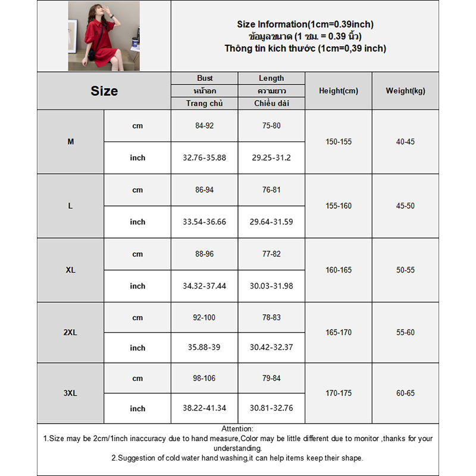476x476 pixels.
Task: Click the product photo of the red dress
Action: (x=104, y=36)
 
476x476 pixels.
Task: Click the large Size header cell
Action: (x=104, y=91)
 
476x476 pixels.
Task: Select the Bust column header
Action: (x=205, y=79)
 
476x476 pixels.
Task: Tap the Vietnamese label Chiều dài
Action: (x=271, y=104)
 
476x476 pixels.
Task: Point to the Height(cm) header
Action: (x=339, y=91)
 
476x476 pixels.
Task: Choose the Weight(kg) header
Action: (x=405, y=91)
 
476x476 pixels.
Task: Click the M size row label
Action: (x=71, y=142)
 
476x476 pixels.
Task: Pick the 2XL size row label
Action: (x=71, y=333)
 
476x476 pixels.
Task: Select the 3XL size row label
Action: (x=71, y=393)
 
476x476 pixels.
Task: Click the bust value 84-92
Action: (x=205, y=126)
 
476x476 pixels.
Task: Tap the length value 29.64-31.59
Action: (x=271, y=222)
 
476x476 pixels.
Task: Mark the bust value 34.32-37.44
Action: (x=205, y=286)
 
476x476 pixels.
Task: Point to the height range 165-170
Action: (x=339, y=333)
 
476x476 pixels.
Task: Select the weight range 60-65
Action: (x=405, y=393)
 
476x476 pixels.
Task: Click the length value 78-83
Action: (x=271, y=318)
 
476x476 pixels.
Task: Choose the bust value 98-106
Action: (x=205, y=378)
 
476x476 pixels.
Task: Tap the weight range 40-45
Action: (x=405, y=142)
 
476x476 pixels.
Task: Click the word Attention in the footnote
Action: (x=237, y=429)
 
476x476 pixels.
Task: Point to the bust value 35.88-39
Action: (x=205, y=347)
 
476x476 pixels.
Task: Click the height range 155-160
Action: (x=339, y=206)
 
